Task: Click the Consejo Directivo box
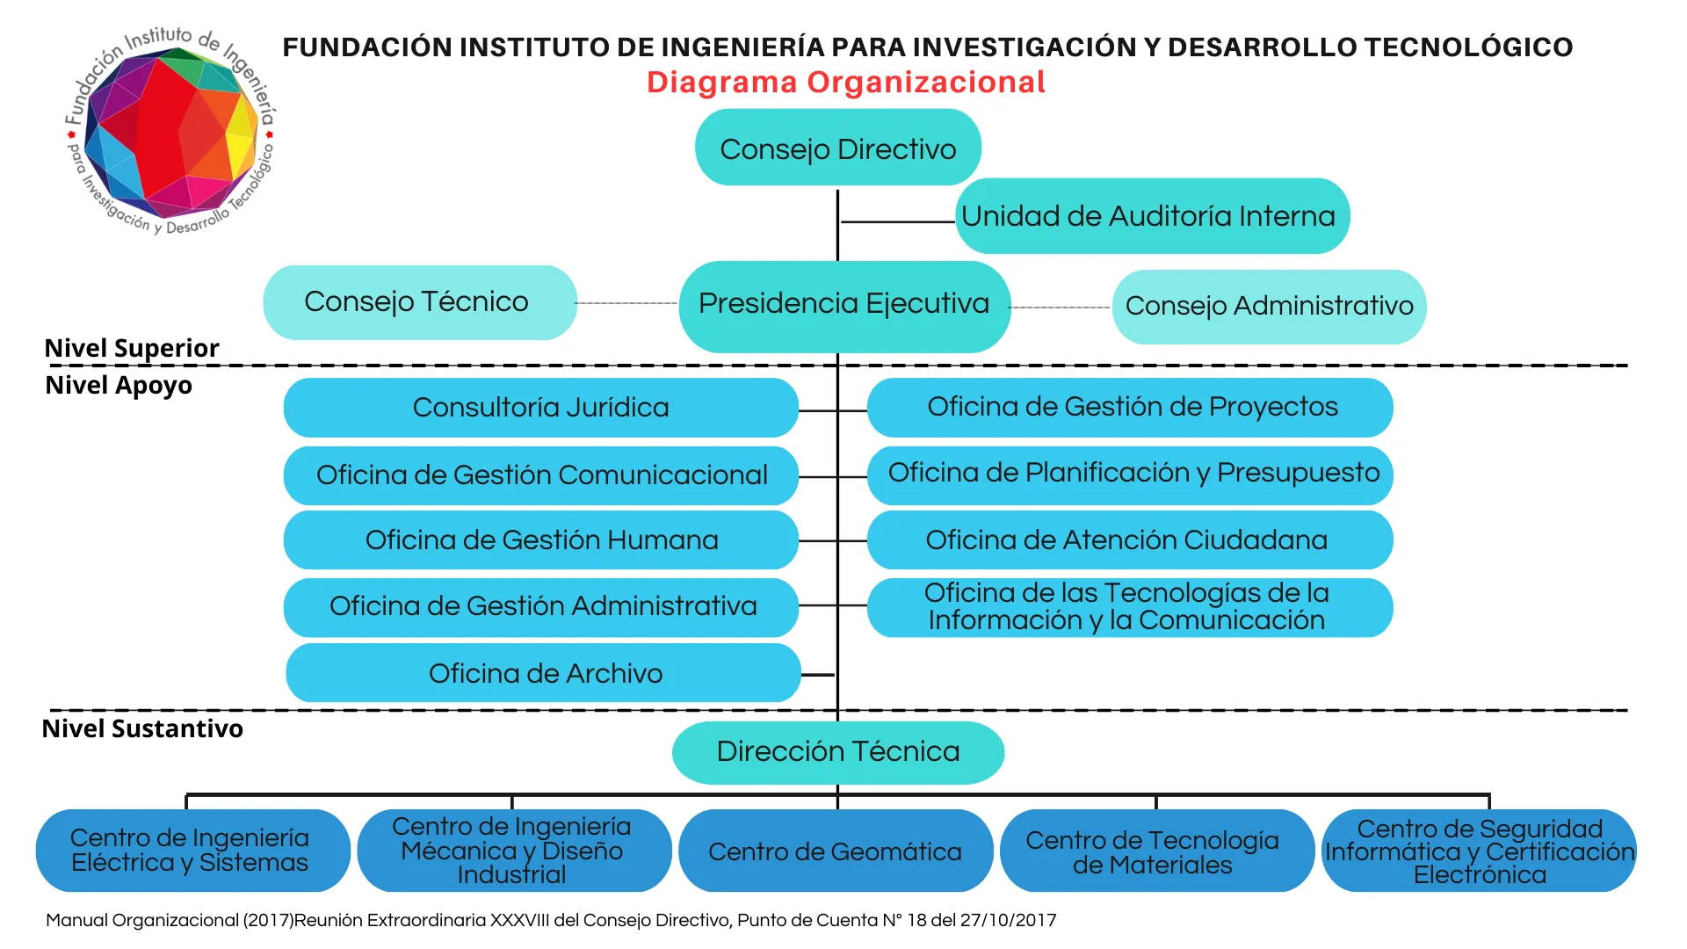pyautogui.click(x=838, y=148)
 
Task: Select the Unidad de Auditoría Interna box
pyautogui.click(x=1152, y=216)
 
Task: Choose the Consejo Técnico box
pyautogui.click(x=420, y=302)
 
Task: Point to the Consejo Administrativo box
pyautogui.click(x=1269, y=307)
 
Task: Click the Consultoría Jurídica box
pyautogui.click(x=541, y=408)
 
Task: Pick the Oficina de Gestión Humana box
pyautogui.click(x=541, y=540)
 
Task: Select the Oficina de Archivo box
pyautogui.click(x=544, y=673)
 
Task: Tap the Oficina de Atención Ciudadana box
pyautogui.click(x=1130, y=540)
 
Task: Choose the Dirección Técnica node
pyautogui.click(x=838, y=752)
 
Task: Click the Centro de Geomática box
pyautogui.click(x=836, y=851)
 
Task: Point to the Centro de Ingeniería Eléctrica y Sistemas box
pyautogui.click(x=192, y=851)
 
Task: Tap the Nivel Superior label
pyautogui.click(x=132, y=349)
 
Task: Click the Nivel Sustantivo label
pyautogui.click(x=142, y=729)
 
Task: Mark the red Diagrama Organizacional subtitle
pyautogui.click(x=846, y=82)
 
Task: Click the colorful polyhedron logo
pyautogui.click(x=170, y=132)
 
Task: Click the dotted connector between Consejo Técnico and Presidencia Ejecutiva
pyautogui.click(x=627, y=303)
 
